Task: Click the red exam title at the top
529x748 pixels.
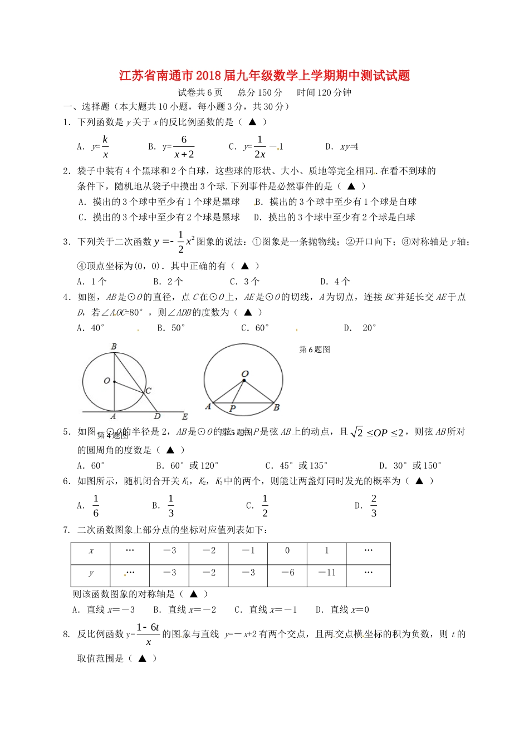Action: [264, 76]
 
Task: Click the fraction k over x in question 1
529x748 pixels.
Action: [105, 147]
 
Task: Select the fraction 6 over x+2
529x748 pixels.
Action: [184, 147]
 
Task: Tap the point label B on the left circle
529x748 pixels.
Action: [114, 347]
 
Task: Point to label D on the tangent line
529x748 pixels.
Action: [157, 416]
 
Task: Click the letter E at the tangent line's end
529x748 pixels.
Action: [185, 416]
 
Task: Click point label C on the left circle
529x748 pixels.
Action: [148, 391]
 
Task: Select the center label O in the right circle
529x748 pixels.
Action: [245, 374]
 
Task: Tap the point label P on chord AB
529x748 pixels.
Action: [232, 409]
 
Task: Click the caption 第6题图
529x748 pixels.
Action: [315, 350]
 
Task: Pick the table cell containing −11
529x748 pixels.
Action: [326, 573]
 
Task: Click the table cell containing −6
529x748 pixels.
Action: [287, 573]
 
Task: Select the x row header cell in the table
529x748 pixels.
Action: [91, 551]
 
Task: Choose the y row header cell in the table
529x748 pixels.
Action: [91, 573]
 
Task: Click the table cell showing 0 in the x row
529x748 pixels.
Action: [287, 551]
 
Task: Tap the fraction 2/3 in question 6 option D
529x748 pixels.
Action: [374, 506]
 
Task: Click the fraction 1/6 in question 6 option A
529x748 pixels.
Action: [96, 506]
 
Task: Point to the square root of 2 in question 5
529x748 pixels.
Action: [357, 432]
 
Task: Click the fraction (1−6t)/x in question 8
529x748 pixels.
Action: [148, 634]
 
